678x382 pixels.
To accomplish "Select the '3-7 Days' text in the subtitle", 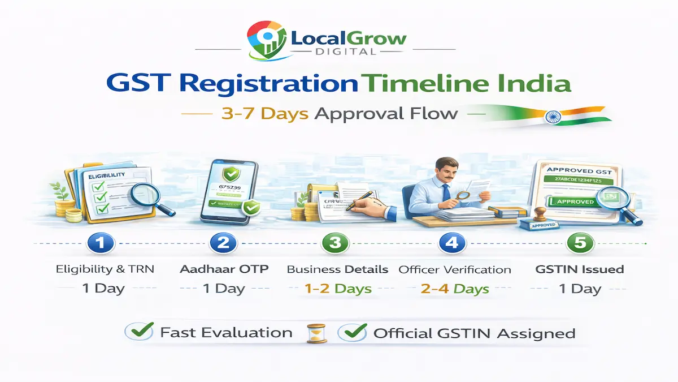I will [x=264, y=113].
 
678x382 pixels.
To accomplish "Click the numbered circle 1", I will [x=101, y=243].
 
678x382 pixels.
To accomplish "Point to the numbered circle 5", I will [x=579, y=243].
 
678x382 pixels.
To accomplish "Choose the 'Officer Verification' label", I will [x=455, y=269].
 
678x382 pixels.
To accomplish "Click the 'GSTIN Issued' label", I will [x=579, y=269].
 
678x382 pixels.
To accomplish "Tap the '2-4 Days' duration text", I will [x=455, y=289].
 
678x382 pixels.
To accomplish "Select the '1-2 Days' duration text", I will [x=338, y=289].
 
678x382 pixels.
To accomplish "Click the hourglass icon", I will [x=313, y=333].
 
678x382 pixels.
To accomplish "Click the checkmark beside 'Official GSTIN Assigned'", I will [x=350, y=333].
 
